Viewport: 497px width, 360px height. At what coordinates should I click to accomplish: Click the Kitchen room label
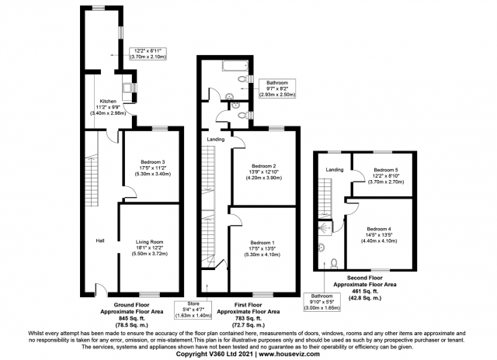coord(108,102)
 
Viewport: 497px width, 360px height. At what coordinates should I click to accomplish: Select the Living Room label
coord(150,242)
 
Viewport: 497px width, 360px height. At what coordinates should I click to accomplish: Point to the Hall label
coord(100,241)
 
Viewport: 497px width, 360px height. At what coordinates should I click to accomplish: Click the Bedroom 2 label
coord(264,166)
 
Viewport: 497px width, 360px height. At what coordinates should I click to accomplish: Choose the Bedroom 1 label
coord(262,243)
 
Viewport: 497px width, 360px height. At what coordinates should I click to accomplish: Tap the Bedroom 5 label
coord(386,170)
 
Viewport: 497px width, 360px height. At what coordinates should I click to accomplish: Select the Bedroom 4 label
coord(379,229)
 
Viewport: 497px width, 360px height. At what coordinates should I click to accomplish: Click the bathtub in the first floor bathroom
coord(235,65)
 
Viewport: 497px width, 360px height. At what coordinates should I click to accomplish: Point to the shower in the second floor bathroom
coord(325,227)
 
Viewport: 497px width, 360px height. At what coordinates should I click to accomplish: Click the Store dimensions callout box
coord(193,310)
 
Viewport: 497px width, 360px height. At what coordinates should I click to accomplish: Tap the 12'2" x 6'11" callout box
coord(148,54)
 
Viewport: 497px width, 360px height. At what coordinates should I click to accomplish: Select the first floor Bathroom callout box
coord(277,88)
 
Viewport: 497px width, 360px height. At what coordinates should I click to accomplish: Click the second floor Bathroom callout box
coord(322,302)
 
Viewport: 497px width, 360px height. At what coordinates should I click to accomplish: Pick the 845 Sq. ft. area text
coord(131,318)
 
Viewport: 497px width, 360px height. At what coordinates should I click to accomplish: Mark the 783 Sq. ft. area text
coord(248,318)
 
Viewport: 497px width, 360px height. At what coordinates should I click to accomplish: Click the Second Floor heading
coord(364,278)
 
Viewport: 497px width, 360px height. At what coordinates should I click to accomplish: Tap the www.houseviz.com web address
coord(290,354)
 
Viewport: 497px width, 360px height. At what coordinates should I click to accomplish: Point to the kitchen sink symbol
coord(128,87)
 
